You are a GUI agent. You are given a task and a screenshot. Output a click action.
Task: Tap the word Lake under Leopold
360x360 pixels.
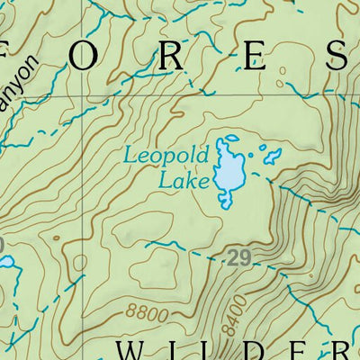[184, 180]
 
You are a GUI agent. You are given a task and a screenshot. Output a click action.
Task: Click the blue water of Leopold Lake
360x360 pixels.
[230, 166]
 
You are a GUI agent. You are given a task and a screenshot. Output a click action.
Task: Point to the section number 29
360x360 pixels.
[237, 259]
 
